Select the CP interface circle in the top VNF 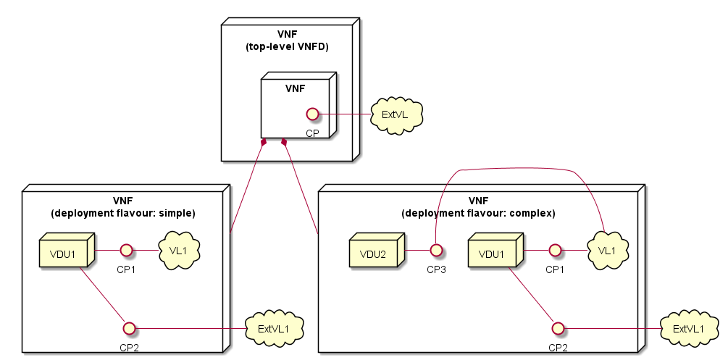coord(312,114)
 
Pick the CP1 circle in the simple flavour coord(126,251)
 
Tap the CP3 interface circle coord(436,251)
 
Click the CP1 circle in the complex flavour coord(556,251)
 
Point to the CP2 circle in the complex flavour coord(558,328)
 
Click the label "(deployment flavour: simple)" coord(123,213)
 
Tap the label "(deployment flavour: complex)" coord(478,213)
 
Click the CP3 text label coord(436,269)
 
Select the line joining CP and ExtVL coord(344,114)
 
